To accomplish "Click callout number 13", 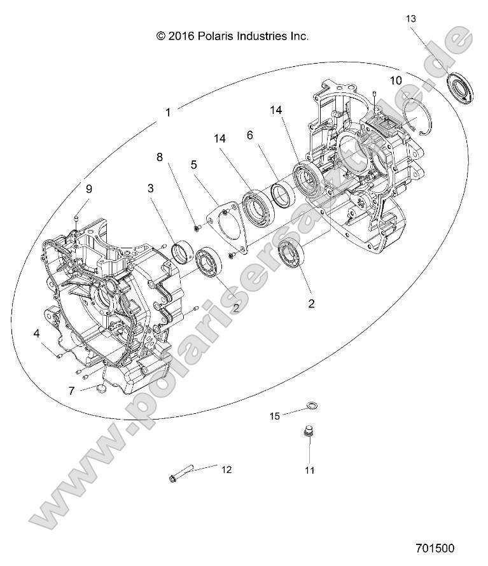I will (412, 19).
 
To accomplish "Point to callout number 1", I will (168, 112).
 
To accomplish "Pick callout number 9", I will (89, 188).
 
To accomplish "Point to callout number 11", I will (309, 470).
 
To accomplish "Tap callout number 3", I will (150, 188).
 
